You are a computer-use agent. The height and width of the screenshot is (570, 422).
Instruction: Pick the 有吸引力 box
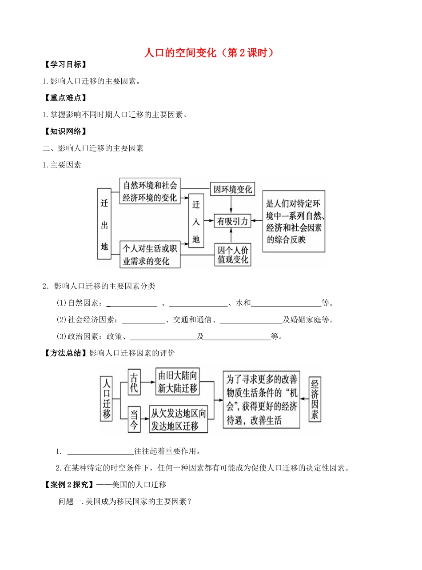click(x=232, y=220)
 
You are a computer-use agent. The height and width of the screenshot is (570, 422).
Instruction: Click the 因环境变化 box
click(x=232, y=189)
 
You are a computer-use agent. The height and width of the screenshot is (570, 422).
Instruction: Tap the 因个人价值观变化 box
click(x=232, y=254)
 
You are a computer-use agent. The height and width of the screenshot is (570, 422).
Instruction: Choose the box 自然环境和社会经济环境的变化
click(x=150, y=191)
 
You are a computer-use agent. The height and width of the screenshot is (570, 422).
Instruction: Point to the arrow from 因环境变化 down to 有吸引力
click(x=231, y=204)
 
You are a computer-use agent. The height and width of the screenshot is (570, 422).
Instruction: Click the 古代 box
click(x=134, y=382)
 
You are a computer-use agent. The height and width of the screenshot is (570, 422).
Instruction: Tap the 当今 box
click(x=134, y=419)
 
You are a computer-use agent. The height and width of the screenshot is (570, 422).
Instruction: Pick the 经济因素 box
click(x=315, y=399)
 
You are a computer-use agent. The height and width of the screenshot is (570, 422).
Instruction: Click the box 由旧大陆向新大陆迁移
click(x=177, y=381)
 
